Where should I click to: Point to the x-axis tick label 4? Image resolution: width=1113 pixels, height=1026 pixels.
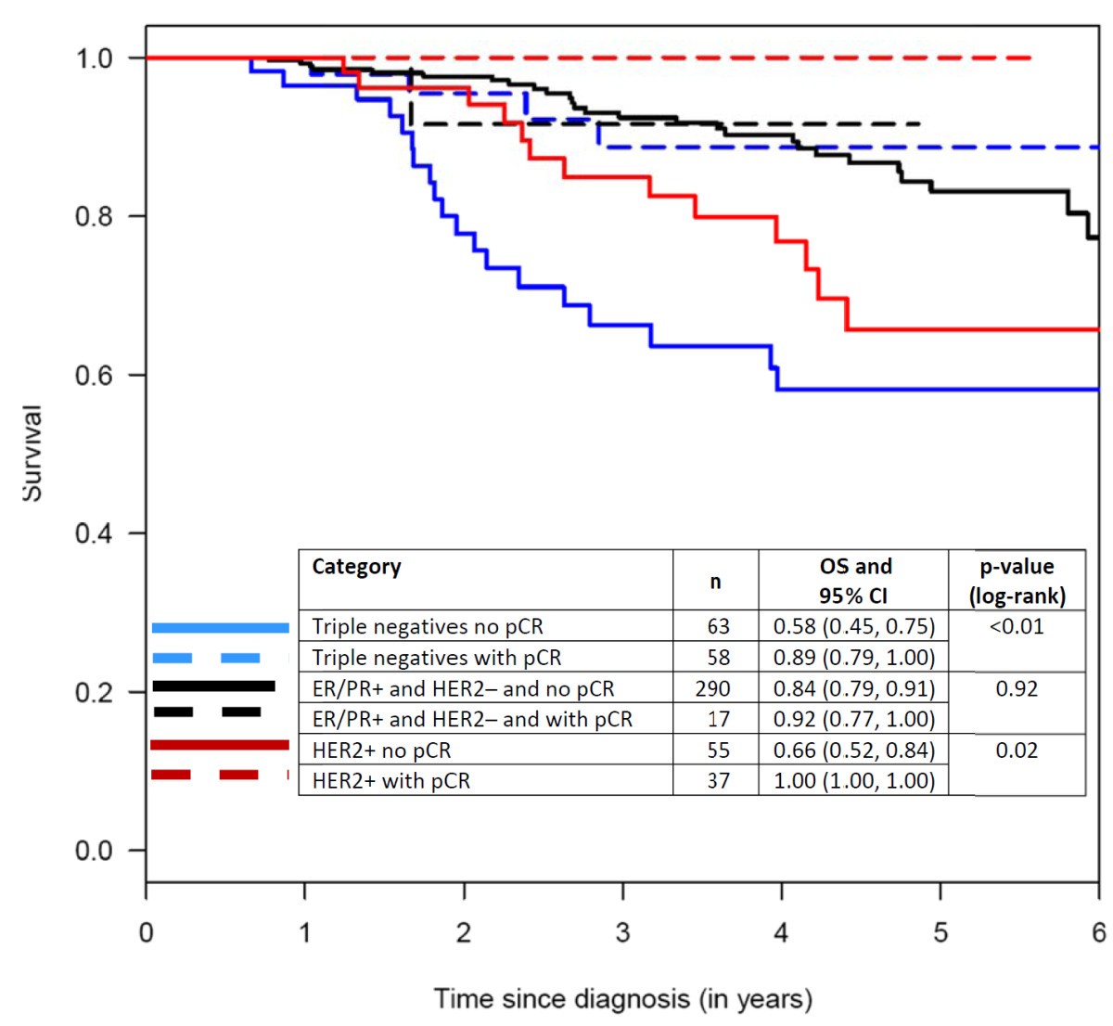click(x=781, y=932)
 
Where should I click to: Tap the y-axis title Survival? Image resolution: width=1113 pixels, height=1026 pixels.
click(x=32, y=454)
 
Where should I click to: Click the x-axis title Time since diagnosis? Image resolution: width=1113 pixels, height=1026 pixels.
click(x=622, y=999)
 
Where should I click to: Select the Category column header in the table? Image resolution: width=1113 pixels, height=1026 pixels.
click(x=356, y=567)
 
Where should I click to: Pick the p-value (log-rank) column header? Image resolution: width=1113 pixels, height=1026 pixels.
click(x=1017, y=581)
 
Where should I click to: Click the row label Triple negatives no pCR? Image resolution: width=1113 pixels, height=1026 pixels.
click(x=427, y=626)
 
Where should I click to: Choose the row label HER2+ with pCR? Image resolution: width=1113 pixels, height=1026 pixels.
click(x=390, y=780)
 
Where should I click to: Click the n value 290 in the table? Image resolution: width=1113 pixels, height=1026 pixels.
click(x=713, y=688)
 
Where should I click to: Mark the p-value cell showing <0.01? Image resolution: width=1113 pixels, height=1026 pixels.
click(x=1017, y=626)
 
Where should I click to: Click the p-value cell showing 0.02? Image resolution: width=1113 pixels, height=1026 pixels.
click(x=1017, y=750)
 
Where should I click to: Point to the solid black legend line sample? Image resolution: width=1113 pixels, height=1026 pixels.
click(x=213, y=686)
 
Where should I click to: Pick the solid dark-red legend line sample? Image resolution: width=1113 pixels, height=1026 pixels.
click(x=219, y=745)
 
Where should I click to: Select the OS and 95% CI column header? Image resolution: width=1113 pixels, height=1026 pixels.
click(x=854, y=581)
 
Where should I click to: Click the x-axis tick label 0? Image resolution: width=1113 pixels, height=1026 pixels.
click(x=146, y=932)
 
